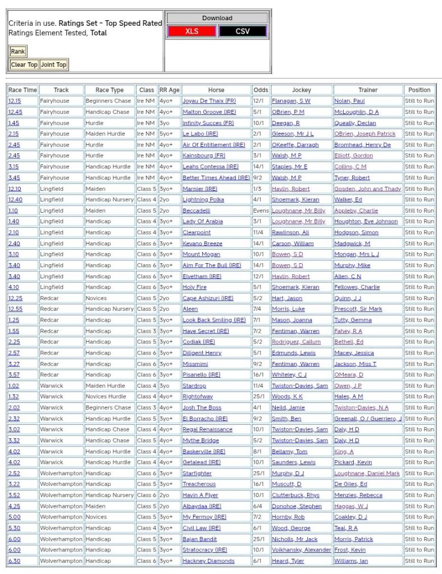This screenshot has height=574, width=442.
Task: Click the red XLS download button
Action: pyautogui.click(x=192, y=31)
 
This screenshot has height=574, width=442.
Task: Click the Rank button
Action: pyautogui.click(x=18, y=52)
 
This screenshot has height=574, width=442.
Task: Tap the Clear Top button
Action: pyautogui.click(x=24, y=65)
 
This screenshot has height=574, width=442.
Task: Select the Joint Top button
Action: pyautogui.click(x=54, y=65)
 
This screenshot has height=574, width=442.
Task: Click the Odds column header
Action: pyautogui.click(x=261, y=90)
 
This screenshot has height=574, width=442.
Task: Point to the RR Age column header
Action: pyautogui.click(x=169, y=90)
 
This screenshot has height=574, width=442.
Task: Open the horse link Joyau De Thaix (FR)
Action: pyautogui.click(x=209, y=101)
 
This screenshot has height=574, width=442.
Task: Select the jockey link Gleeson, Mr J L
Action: pyautogui.click(x=293, y=134)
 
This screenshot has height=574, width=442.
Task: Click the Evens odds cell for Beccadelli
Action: pyautogui.click(x=261, y=210)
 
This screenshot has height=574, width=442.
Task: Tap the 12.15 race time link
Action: pyautogui.click(x=15, y=101)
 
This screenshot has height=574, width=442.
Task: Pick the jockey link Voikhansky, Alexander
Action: pyautogui.click(x=302, y=550)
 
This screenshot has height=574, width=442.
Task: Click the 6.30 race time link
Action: pyautogui.click(x=14, y=561)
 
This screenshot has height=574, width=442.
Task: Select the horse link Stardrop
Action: pyautogui.click(x=194, y=386)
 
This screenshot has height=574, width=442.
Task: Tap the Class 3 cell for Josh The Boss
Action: pyautogui.click(x=147, y=408)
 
